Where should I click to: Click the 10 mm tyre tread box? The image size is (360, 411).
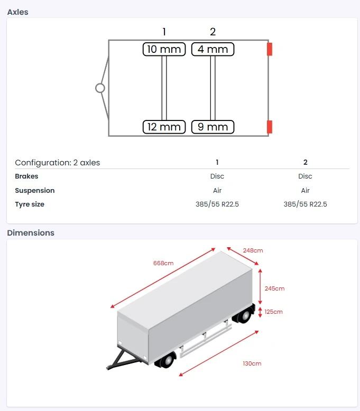pyautogui.click(x=164, y=49)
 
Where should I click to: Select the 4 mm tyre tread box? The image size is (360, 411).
pyautogui.click(x=213, y=49)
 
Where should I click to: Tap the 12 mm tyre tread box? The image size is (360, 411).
pyautogui.click(x=164, y=127)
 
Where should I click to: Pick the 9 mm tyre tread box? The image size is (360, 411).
pyautogui.click(x=213, y=127)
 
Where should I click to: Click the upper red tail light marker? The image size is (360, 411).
pyautogui.click(x=270, y=49)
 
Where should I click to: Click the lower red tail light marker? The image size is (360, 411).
pyautogui.click(x=270, y=127)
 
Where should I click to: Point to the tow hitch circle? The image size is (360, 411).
pyautogui.click(x=100, y=88)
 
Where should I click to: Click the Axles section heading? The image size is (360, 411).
pyautogui.click(x=18, y=12)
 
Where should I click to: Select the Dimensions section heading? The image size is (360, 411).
pyautogui.click(x=31, y=232)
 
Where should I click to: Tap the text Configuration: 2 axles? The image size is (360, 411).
pyautogui.click(x=57, y=162)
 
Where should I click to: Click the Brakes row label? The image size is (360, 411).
pyautogui.click(x=26, y=176)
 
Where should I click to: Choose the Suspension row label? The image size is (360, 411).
pyautogui.click(x=34, y=190)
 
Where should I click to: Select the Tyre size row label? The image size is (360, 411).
pyautogui.click(x=30, y=204)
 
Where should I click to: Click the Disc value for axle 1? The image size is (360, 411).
pyautogui.click(x=217, y=176)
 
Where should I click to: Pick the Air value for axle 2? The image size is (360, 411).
pyautogui.click(x=305, y=190)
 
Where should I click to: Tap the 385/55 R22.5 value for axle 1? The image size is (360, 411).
pyautogui.click(x=217, y=204)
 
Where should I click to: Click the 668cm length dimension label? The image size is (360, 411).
pyautogui.click(x=163, y=263)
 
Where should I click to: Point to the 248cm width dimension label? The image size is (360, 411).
pyautogui.click(x=253, y=250)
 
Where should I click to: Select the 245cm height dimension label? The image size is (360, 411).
pyautogui.click(x=274, y=288)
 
